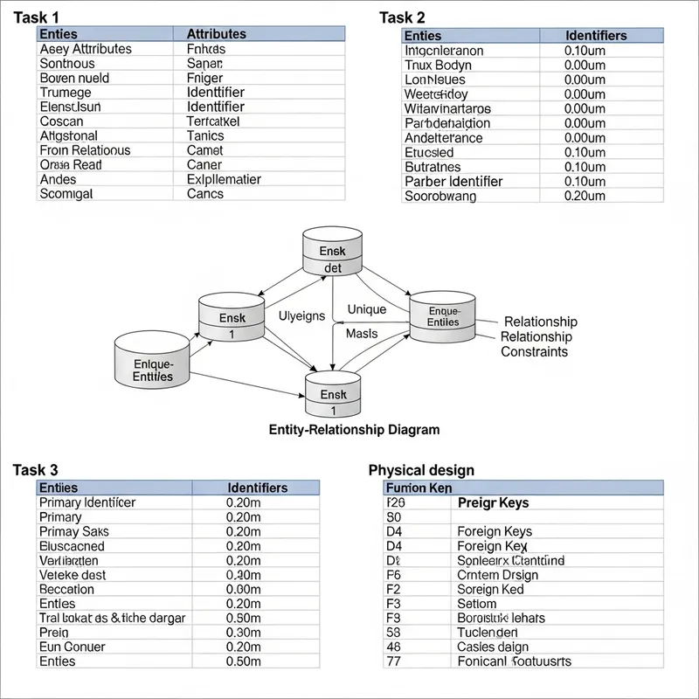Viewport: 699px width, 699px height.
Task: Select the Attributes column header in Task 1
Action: pyautogui.click(x=217, y=34)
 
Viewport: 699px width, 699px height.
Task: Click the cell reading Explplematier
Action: pyautogui.click(x=224, y=179)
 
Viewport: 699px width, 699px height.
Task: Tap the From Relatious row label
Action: pyautogui.click(x=85, y=150)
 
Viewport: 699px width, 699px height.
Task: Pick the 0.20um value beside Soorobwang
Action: pyautogui.click(x=585, y=197)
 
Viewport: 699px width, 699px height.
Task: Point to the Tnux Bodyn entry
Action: pyautogui.click(x=438, y=66)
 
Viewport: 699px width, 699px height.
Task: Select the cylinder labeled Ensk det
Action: pyautogui.click(x=333, y=253)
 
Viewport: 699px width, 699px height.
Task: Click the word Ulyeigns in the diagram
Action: pyautogui.click(x=301, y=315)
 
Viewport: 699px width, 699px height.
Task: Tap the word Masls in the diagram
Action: pyautogui.click(x=362, y=334)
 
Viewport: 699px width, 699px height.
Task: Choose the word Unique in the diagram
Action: pyautogui.click(x=366, y=309)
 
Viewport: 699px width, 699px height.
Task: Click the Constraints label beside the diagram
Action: pyautogui.click(x=534, y=352)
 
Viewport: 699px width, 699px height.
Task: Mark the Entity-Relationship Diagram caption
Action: pyautogui.click(x=354, y=430)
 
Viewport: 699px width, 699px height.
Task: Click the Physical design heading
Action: pyautogui.click(x=421, y=470)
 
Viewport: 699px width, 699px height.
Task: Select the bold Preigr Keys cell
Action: pyautogui.click(x=493, y=503)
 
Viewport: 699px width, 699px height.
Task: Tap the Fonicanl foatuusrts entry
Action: pyautogui.click(x=514, y=661)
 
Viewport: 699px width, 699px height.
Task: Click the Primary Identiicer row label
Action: pyautogui.click(x=87, y=502)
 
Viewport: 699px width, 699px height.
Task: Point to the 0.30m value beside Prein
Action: pyautogui.click(x=244, y=632)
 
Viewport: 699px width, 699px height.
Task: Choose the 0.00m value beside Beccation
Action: pyautogui.click(x=244, y=589)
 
